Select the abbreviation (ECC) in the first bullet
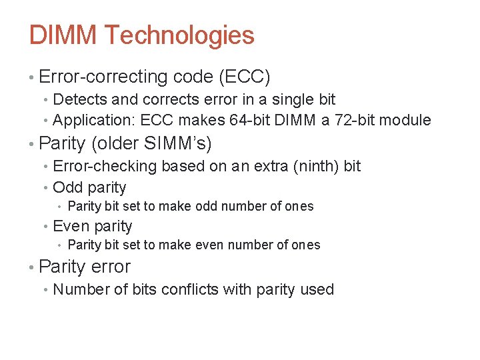tap(244, 77)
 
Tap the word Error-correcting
tap(103, 77)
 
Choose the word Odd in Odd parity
tap(65, 188)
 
